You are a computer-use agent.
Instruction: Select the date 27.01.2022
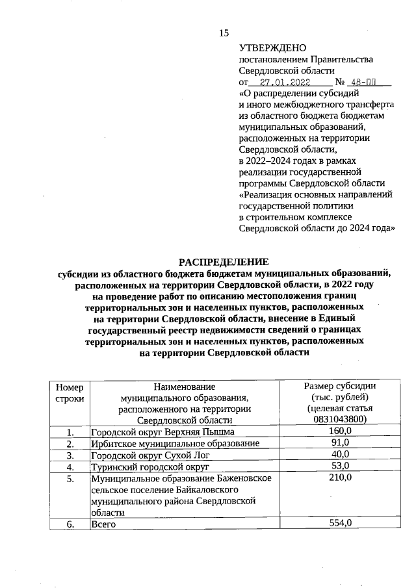tap(285, 83)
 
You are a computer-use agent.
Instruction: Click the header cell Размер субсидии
tap(340, 386)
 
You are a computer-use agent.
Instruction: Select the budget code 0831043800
tap(340, 420)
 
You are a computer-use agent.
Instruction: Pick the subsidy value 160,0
tap(340, 431)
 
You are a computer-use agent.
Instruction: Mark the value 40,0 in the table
tap(340, 454)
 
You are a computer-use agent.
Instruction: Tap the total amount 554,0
tap(340, 523)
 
